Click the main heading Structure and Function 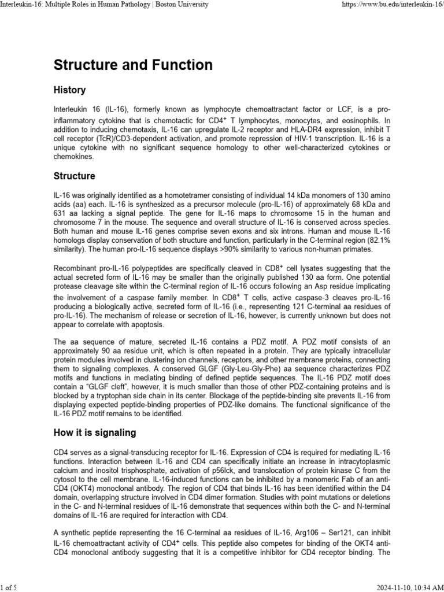coord(133,65)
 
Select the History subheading coord(69,90)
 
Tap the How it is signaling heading coord(95,432)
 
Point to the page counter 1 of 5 coord(9,587)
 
